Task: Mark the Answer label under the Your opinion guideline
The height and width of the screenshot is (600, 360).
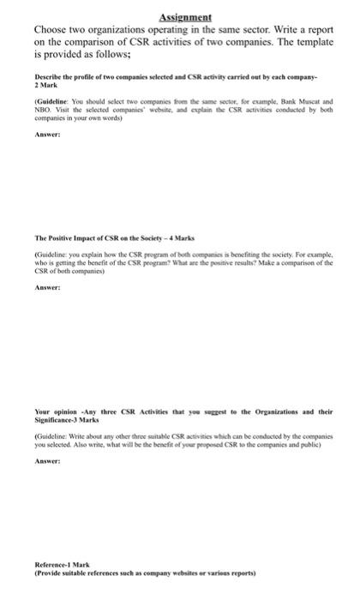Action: click(46, 461)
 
